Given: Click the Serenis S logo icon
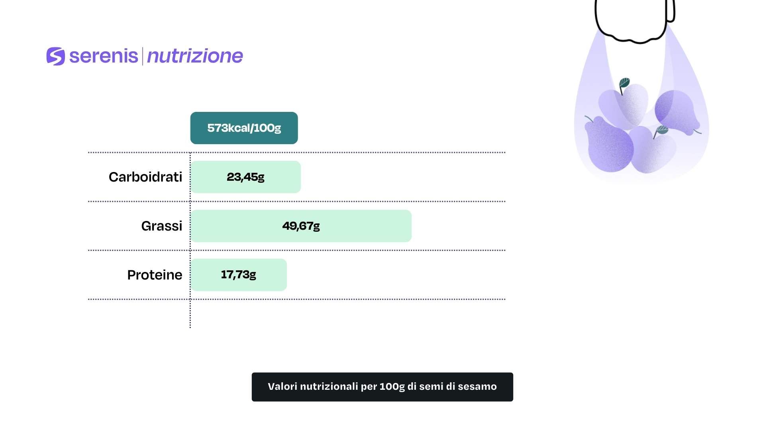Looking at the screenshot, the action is tap(55, 56).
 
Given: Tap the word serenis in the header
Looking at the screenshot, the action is tap(104, 56).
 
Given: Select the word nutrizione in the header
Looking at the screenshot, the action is tap(195, 56).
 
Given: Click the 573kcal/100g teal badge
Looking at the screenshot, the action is tap(244, 128).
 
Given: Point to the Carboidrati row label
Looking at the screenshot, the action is tap(145, 177).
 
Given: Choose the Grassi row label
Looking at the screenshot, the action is tap(162, 226).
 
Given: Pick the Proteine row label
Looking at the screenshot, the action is tap(155, 275).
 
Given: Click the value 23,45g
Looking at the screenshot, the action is tap(245, 177).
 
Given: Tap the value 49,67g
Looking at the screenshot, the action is tap(301, 226).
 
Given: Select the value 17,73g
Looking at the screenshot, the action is tap(238, 274).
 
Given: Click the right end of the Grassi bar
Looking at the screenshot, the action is tap(411, 226).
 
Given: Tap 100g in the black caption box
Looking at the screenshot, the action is tap(392, 387).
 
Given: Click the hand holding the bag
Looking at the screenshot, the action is tap(635, 20).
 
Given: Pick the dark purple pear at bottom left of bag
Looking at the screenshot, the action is tap(608, 144).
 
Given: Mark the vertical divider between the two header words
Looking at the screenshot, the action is tap(142, 56).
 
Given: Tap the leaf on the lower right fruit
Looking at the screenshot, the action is tap(661, 130).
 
